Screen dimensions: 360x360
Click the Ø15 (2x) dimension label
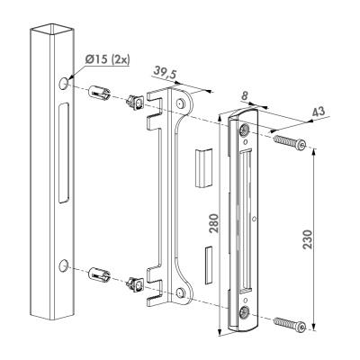point(107,59)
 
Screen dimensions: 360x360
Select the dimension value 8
point(245,96)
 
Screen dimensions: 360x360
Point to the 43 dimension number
point(319,112)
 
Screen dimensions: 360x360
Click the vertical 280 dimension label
point(213,223)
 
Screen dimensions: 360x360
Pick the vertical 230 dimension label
point(307,239)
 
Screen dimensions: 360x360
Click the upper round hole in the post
point(63,83)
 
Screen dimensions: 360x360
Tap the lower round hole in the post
point(63,265)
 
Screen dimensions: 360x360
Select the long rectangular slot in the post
point(63,153)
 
